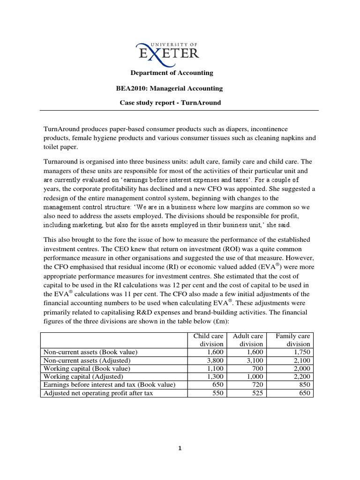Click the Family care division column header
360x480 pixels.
(x=293, y=340)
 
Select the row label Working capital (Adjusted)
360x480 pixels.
(x=83, y=376)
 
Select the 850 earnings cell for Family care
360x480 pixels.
(x=304, y=385)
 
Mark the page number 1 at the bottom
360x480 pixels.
(x=180, y=448)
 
